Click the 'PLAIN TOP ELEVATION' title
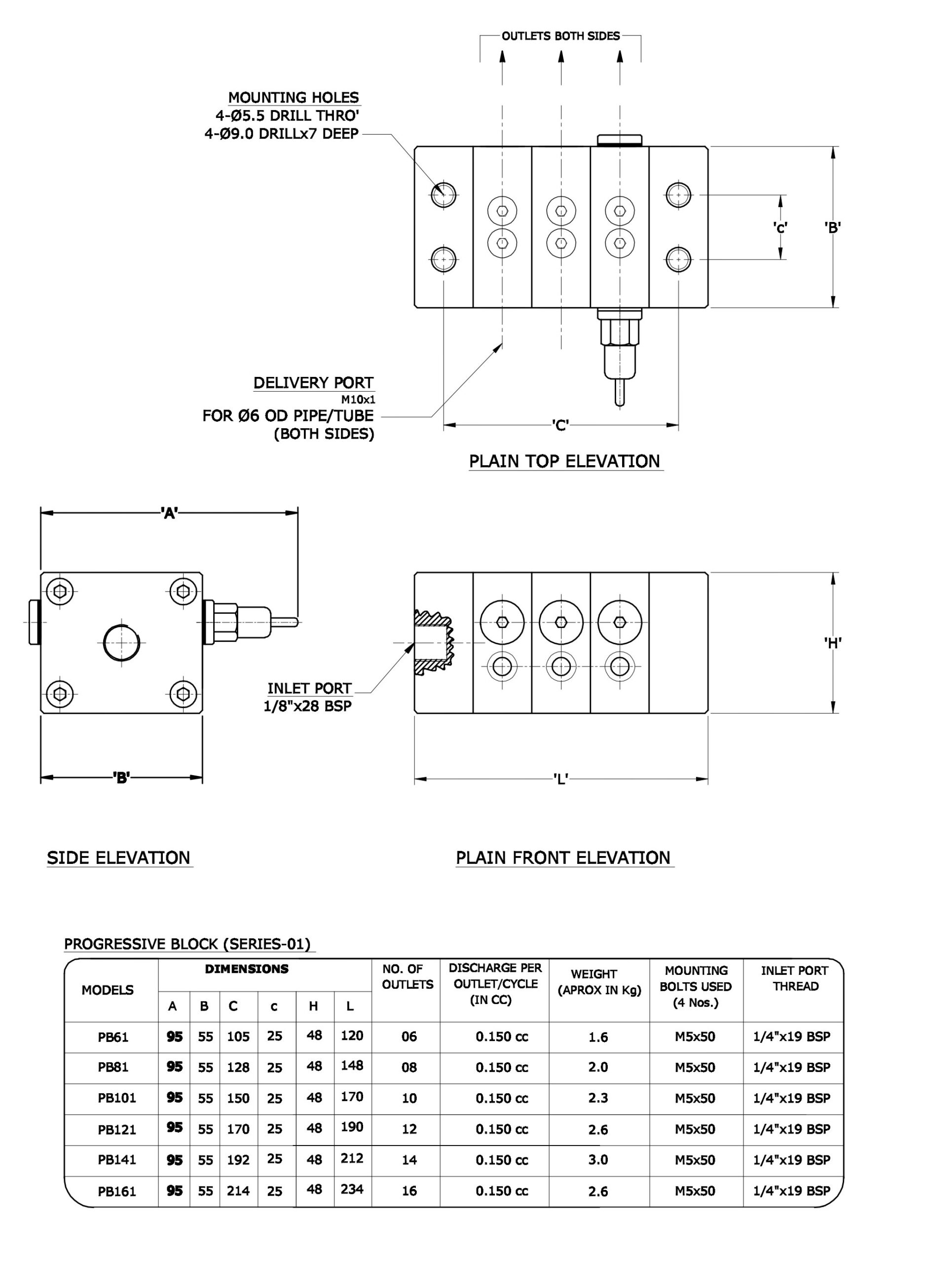(x=565, y=461)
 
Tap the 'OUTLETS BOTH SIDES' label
(x=560, y=37)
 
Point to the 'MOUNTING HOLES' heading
(x=293, y=98)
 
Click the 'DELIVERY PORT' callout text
(x=313, y=383)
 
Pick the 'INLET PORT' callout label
(x=309, y=688)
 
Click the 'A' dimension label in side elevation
(x=169, y=513)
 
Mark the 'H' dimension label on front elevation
(x=833, y=643)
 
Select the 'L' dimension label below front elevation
(x=560, y=779)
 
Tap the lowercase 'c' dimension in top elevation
(x=779, y=227)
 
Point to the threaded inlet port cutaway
(x=433, y=642)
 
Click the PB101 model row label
(x=116, y=1098)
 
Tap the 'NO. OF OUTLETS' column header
(x=407, y=976)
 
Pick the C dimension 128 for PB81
(x=238, y=1067)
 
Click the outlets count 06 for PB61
(x=409, y=1037)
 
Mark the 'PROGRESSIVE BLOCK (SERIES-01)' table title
(x=187, y=944)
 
